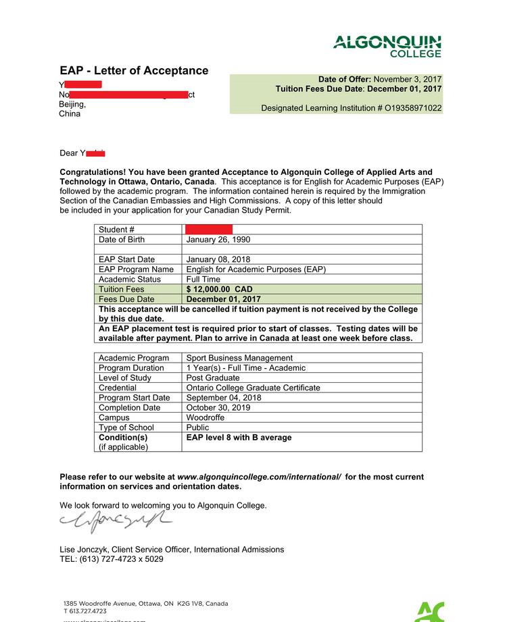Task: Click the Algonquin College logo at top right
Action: coord(387,46)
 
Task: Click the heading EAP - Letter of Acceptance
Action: coord(134,71)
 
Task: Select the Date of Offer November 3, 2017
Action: coord(408,79)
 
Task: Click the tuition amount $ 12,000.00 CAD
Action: coord(220,289)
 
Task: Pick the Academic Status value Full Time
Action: coord(203,279)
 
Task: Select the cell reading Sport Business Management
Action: coord(239,358)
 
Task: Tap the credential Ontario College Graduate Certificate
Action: coord(253,388)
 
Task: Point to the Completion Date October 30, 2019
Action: coord(218,407)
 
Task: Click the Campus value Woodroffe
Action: coord(206,417)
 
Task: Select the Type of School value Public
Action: coord(198,427)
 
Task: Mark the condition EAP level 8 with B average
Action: coord(239,438)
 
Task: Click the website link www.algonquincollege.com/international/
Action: coord(259,477)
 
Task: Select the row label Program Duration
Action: coord(131,368)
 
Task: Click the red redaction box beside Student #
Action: coord(209,230)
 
